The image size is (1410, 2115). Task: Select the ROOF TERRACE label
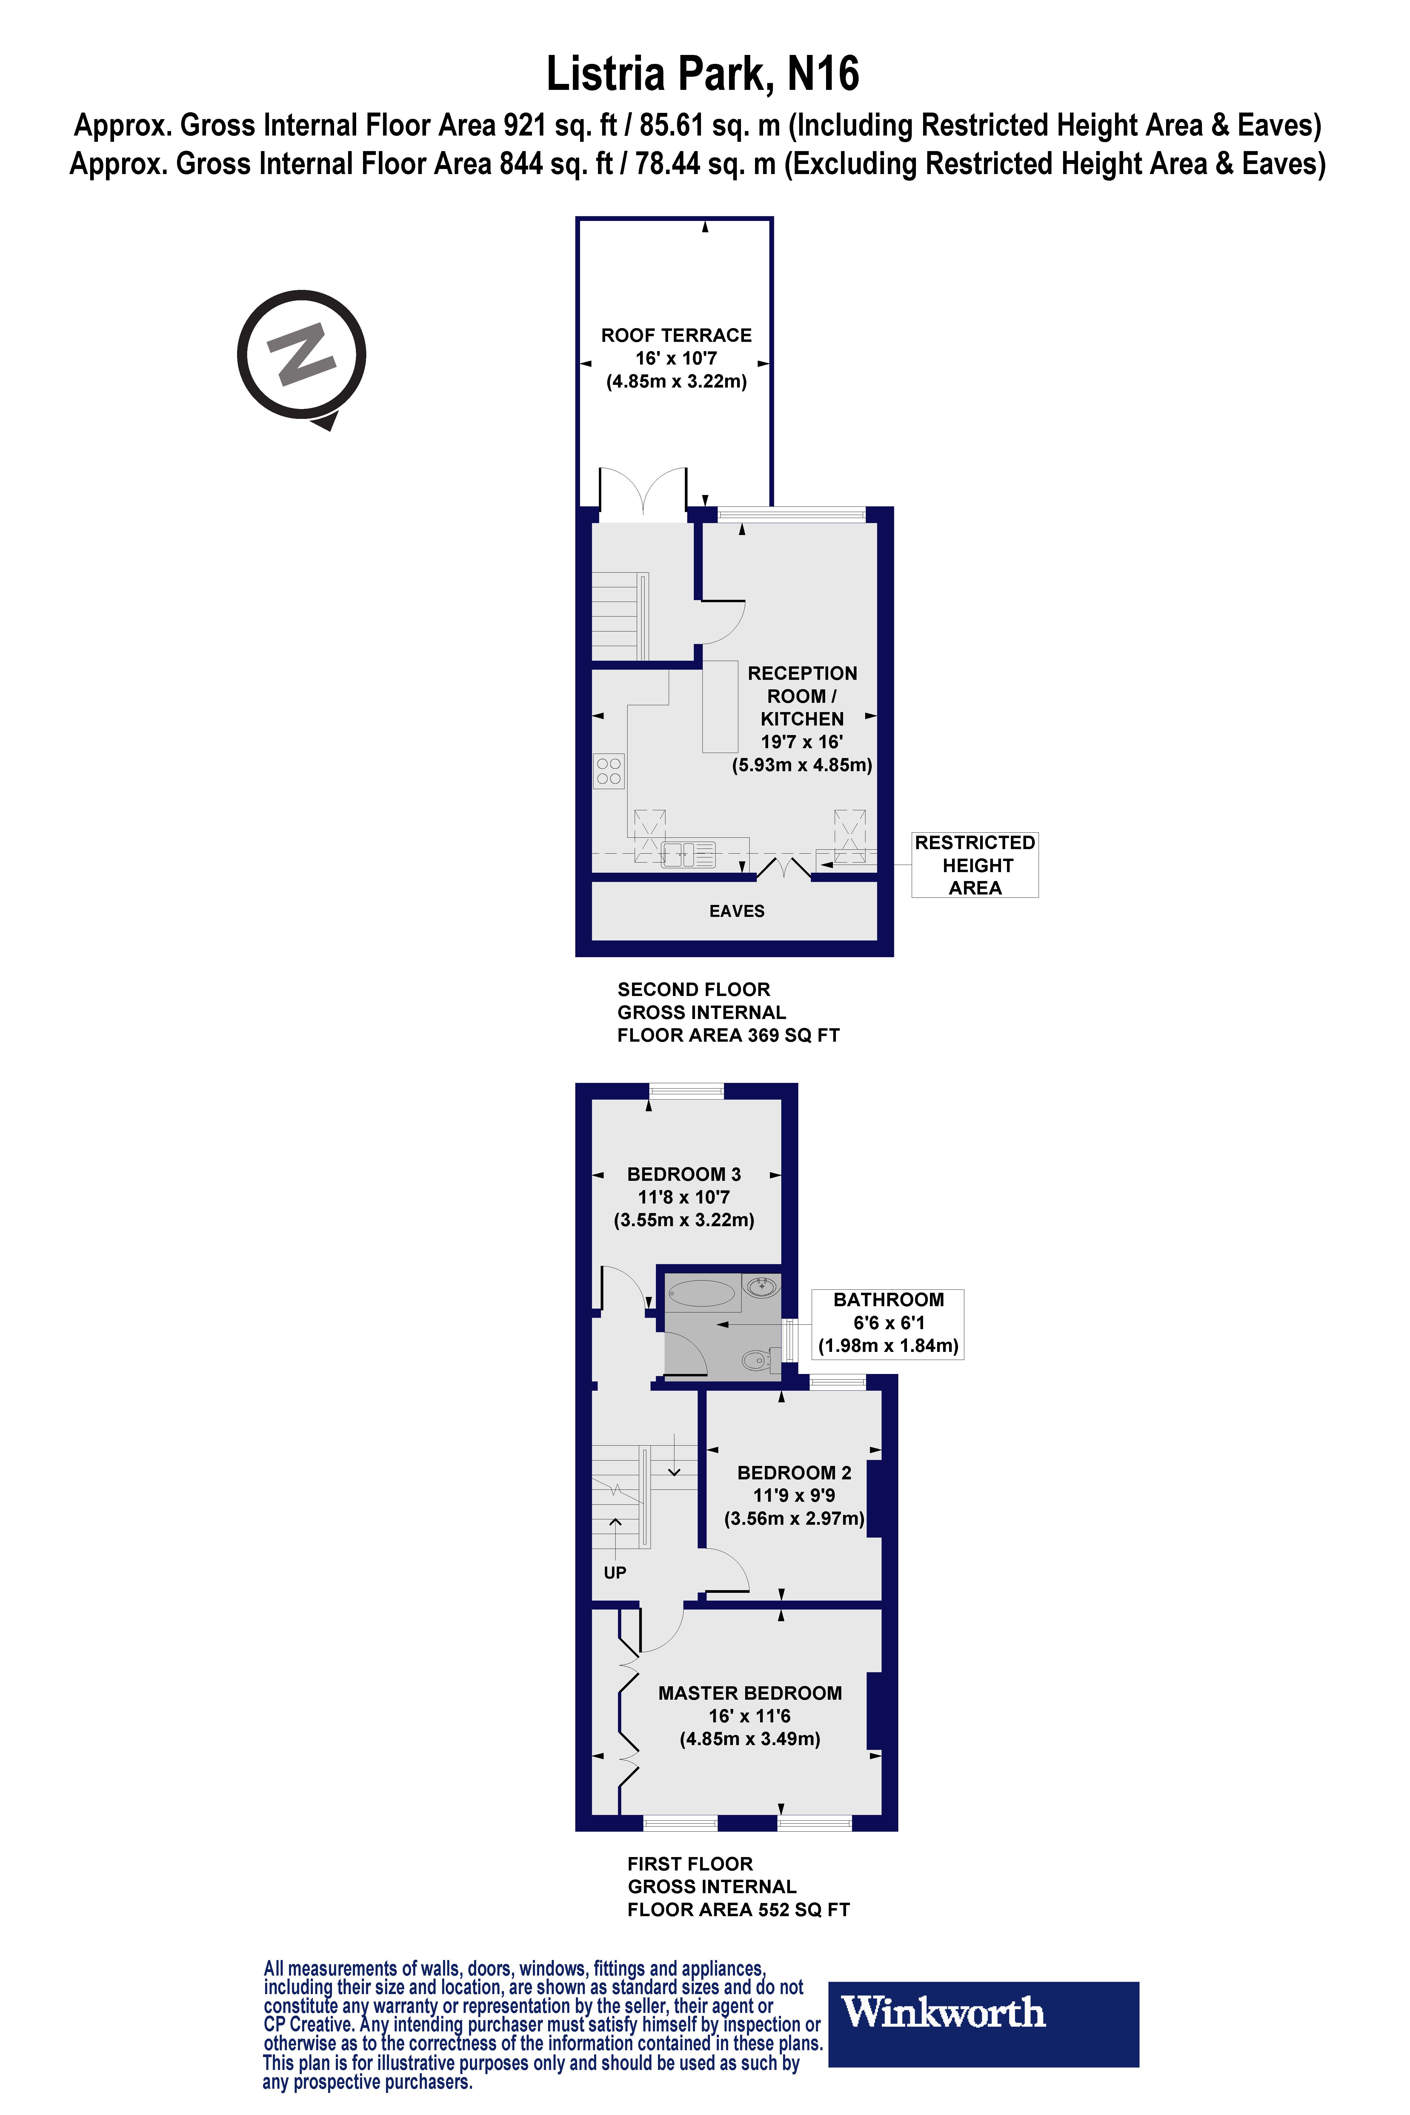pos(676,335)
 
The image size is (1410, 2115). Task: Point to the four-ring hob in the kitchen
pos(609,771)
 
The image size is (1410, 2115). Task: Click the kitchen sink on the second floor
pos(688,853)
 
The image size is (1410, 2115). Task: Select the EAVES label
pos(736,911)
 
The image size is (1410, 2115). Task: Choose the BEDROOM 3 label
pos(683,1175)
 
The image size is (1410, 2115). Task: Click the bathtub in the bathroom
pos(701,1294)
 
